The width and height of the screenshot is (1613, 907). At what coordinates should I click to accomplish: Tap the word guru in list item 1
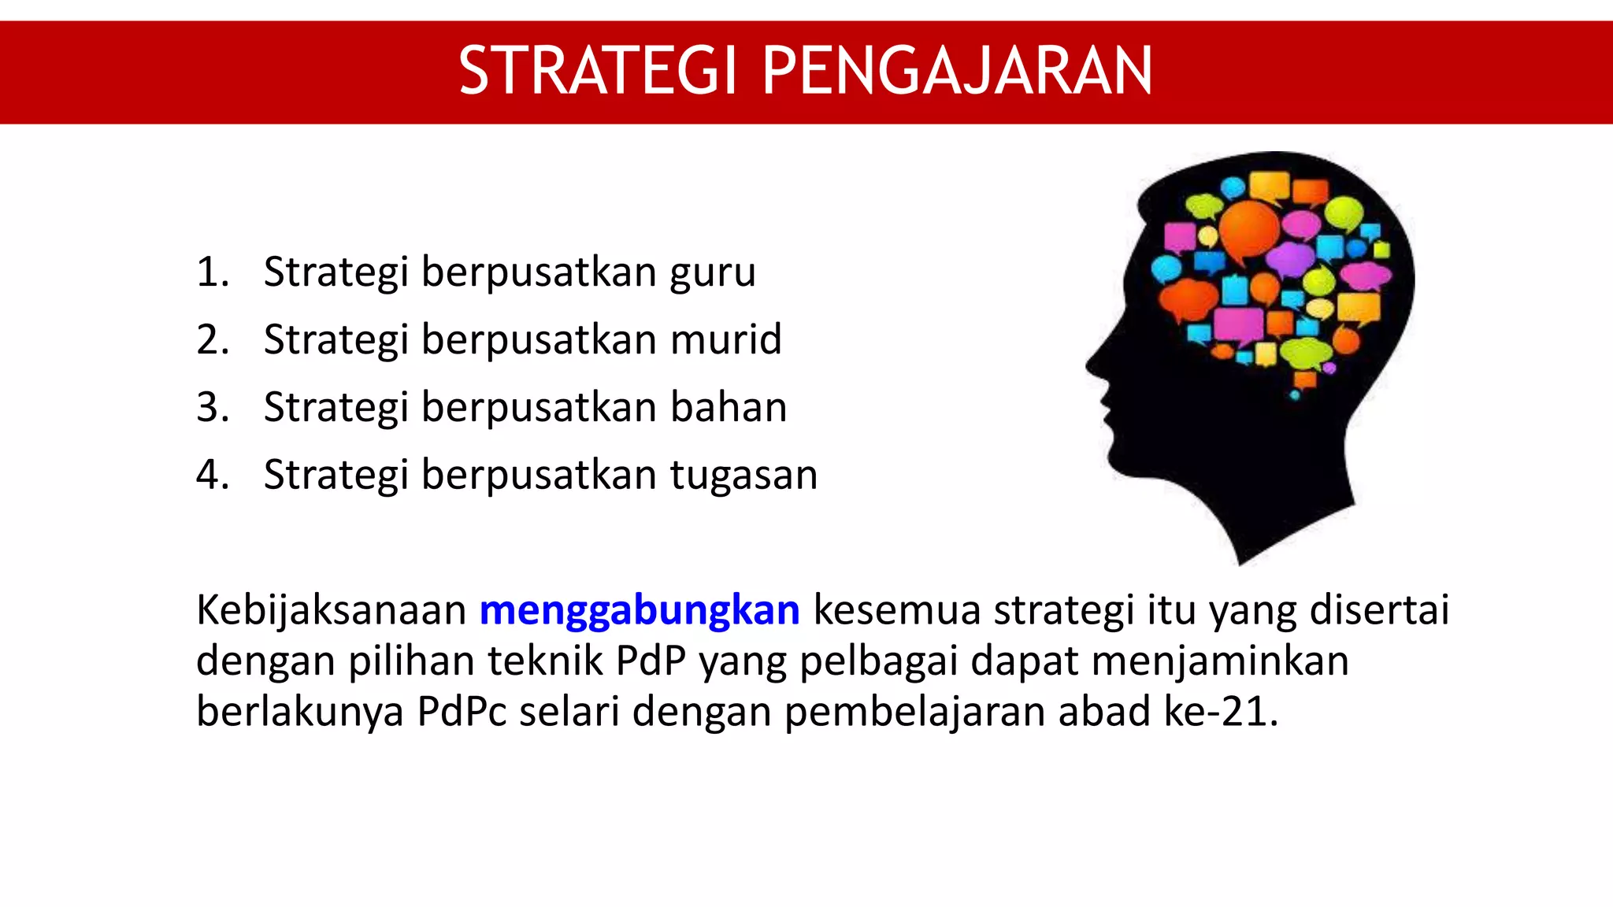tap(713, 273)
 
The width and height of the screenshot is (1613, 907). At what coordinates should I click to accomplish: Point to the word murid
tap(726, 340)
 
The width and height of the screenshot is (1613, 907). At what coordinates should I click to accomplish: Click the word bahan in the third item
tap(729, 408)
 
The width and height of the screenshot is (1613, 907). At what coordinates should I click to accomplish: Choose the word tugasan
tap(743, 476)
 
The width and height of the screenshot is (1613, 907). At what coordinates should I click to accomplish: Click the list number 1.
tap(211, 272)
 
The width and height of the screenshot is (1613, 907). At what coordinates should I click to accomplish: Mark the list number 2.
tap(211, 340)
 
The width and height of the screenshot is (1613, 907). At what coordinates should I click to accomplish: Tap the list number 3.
tap(211, 408)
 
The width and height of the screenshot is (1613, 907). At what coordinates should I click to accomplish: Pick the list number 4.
tap(211, 476)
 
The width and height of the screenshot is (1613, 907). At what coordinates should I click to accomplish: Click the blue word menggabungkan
tap(640, 611)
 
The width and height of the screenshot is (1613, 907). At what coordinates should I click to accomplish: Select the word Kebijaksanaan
tap(331, 611)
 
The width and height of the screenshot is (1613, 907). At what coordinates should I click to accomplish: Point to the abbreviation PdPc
tap(462, 712)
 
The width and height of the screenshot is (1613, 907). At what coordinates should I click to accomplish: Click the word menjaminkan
tap(1220, 661)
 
